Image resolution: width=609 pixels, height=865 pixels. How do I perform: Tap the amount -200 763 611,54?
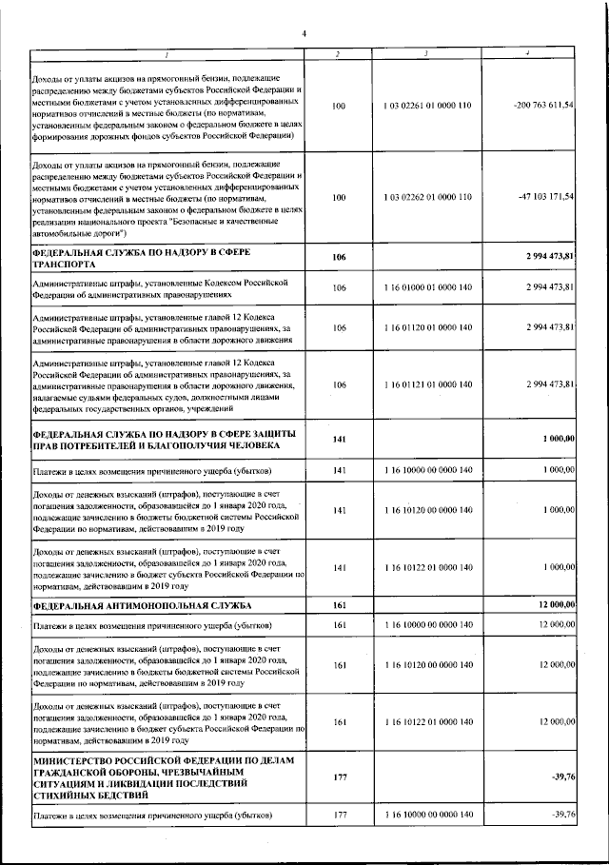(x=542, y=107)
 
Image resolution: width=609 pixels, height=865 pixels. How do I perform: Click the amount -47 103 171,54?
(x=544, y=196)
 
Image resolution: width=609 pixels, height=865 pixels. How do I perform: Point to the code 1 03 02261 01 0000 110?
(x=427, y=107)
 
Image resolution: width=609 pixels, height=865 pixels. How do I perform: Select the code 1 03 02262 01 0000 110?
(x=427, y=197)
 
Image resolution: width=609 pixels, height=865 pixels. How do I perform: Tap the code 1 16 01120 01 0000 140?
(x=427, y=327)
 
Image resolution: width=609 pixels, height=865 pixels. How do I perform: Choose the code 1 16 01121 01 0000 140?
(x=427, y=384)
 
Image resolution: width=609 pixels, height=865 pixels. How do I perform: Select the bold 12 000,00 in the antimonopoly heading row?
(x=556, y=605)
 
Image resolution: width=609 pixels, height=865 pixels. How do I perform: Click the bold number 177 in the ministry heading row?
(x=340, y=777)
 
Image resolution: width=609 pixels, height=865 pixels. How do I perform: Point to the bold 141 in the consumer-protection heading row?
(x=340, y=439)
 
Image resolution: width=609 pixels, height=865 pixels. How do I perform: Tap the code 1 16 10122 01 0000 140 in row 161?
(x=427, y=723)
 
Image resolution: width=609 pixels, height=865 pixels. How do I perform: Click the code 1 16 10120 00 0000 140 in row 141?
(x=427, y=511)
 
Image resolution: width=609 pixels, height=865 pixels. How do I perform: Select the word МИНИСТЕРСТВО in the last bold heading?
(x=78, y=761)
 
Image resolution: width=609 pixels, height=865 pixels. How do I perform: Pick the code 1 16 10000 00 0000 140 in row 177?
(x=427, y=816)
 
